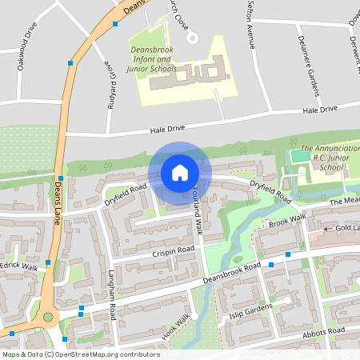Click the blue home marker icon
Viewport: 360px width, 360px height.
pos(180,173)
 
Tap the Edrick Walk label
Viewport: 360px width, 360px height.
pos(20,266)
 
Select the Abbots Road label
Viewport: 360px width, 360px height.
pos(323,332)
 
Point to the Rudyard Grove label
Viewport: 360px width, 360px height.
pos(104,56)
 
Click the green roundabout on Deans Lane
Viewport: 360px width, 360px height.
pos(48,318)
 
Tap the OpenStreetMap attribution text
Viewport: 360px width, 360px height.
pos(80,354)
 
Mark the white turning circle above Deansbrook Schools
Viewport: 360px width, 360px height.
pos(191,37)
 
